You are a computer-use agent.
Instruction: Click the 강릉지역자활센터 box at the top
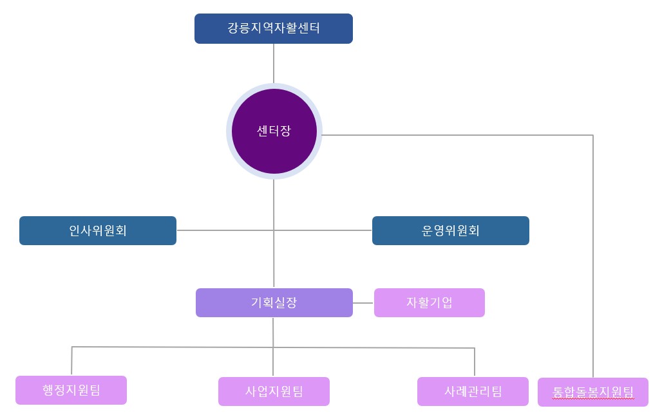[273, 29]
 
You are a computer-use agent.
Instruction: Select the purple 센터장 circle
[274, 132]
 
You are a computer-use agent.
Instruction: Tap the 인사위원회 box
[98, 230]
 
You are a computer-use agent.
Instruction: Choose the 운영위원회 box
[450, 230]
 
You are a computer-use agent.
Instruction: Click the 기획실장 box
[274, 302]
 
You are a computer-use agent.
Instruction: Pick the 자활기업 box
[429, 302]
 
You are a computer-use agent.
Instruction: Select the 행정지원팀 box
[71, 390]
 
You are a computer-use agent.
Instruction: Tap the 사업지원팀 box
[274, 391]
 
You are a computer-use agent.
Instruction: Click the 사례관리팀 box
[473, 391]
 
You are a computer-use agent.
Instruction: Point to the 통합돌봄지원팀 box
[592, 392]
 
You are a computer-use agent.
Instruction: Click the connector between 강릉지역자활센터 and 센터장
[274, 63]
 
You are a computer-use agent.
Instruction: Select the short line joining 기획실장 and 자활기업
[364, 302]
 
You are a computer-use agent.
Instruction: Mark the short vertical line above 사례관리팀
[475, 363]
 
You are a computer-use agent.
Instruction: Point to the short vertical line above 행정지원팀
[71, 362]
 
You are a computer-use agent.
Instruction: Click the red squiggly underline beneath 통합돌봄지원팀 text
[592, 398]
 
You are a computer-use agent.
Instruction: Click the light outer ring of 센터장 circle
[229, 132]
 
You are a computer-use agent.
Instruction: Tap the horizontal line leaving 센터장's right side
[451, 135]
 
